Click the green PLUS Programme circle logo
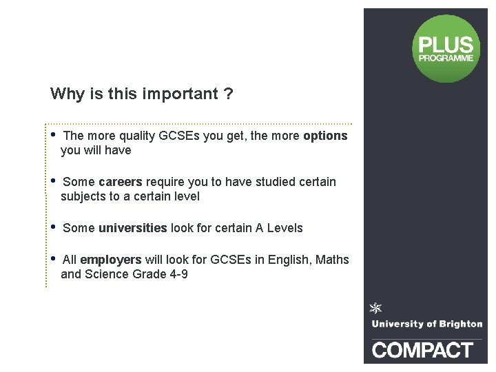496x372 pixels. coord(446,48)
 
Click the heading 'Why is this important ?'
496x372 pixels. coord(141,94)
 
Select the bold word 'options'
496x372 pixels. coord(325,136)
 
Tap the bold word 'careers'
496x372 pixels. coord(120,182)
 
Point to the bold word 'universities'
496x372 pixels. coord(132,228)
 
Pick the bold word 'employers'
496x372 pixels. coord(111,260)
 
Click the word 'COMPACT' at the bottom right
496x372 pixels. coord(423,349)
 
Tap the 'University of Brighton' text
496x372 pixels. coord(426,324)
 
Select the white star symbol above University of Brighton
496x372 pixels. coord(376,308)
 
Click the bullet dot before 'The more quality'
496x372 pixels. coord(53,134)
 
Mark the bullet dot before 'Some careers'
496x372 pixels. coord(53,180)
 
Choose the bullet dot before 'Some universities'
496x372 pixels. coord(53,226)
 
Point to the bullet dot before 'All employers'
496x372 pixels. coord(53,258)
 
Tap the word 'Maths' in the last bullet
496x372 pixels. coord(333,260)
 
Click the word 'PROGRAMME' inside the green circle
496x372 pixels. coord(446,59)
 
